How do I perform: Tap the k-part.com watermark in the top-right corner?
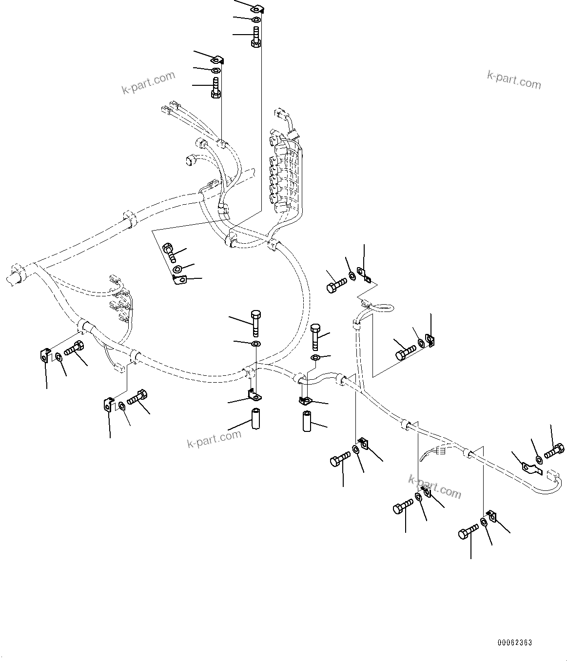(514, 80)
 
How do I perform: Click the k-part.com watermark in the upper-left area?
(148, 82)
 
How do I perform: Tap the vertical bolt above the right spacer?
(315, 336)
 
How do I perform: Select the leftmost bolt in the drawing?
(74, 349)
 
